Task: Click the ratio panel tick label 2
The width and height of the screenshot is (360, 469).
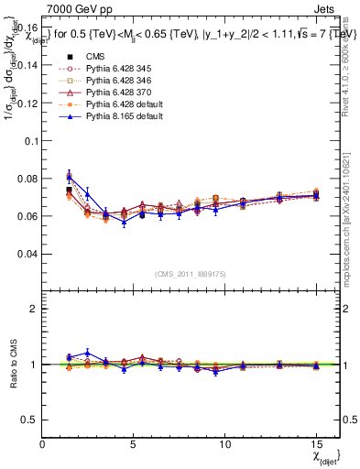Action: pyautogui.click(x=34, y=309)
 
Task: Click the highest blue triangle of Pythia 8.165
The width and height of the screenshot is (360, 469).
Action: pyautogui.click(x=70, y=178)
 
